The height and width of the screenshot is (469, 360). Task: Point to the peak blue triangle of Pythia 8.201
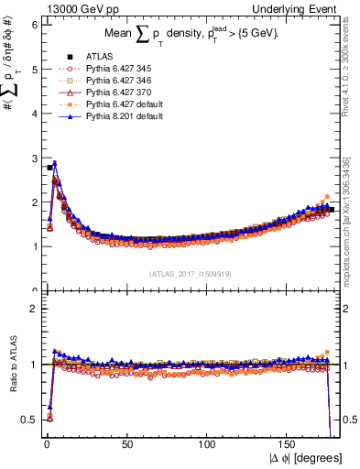[54, 164]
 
